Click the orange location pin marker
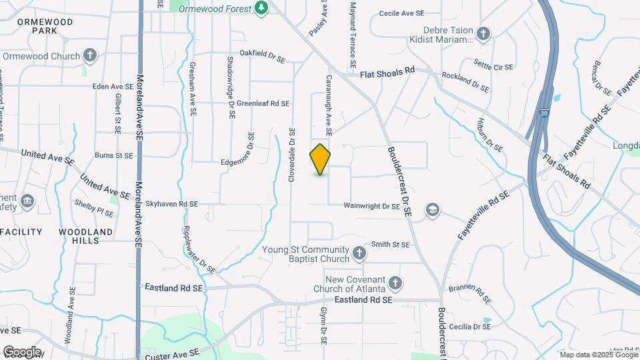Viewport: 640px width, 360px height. (320, 159)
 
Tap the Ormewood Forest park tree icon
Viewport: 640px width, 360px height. (263, 8)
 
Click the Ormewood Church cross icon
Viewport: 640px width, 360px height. (90, 56)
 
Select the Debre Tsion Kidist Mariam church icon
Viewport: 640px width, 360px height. (483, 33)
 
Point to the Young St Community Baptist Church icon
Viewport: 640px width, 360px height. (359, 253)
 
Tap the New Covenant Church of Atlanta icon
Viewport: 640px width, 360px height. (395, 284)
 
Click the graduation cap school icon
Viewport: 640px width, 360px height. (433, 211)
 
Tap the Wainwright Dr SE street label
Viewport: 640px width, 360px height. (371, 207)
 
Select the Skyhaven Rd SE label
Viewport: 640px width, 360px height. (172, 204)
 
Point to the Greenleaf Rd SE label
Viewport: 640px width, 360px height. (263, 103)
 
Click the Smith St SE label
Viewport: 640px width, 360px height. (390, 245)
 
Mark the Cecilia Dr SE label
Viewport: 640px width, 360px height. (469, 327)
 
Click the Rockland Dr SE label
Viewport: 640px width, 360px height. (465, 82)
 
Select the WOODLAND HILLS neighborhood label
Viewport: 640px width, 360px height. (85, 236)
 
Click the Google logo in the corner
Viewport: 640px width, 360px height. (21, 351)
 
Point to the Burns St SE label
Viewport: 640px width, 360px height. (114, 155)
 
